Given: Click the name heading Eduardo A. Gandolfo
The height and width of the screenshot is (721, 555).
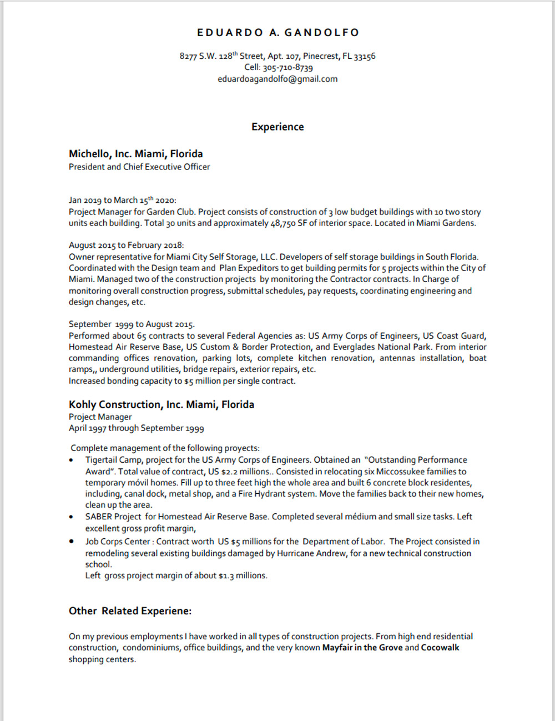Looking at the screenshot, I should point(277,33).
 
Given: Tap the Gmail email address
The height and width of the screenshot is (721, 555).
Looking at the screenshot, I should point(277,79).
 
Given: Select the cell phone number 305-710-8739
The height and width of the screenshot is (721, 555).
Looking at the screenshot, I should point(287,68).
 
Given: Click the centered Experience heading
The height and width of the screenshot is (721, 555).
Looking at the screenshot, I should point(277,127).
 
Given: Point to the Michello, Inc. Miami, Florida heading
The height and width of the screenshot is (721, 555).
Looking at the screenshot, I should point(135,154).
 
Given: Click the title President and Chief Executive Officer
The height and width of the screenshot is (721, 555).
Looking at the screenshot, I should point(139,167).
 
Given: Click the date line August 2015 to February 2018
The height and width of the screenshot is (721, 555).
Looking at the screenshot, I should point(126,245).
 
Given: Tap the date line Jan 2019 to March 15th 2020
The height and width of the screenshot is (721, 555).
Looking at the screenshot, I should point(122,200).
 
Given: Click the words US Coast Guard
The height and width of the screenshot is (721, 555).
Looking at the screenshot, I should point(454,336).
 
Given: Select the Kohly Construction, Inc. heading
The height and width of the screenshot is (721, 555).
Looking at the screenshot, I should point(161,404).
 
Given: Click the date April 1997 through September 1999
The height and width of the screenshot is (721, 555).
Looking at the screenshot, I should point(136,428).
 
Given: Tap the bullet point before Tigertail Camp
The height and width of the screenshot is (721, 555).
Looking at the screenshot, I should point(71,460).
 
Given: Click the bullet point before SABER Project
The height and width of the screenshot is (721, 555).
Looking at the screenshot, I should point(71,517).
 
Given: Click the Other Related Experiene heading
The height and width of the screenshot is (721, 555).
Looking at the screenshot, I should point(130,611).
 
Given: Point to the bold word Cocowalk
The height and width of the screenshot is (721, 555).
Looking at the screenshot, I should point(440,648).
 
